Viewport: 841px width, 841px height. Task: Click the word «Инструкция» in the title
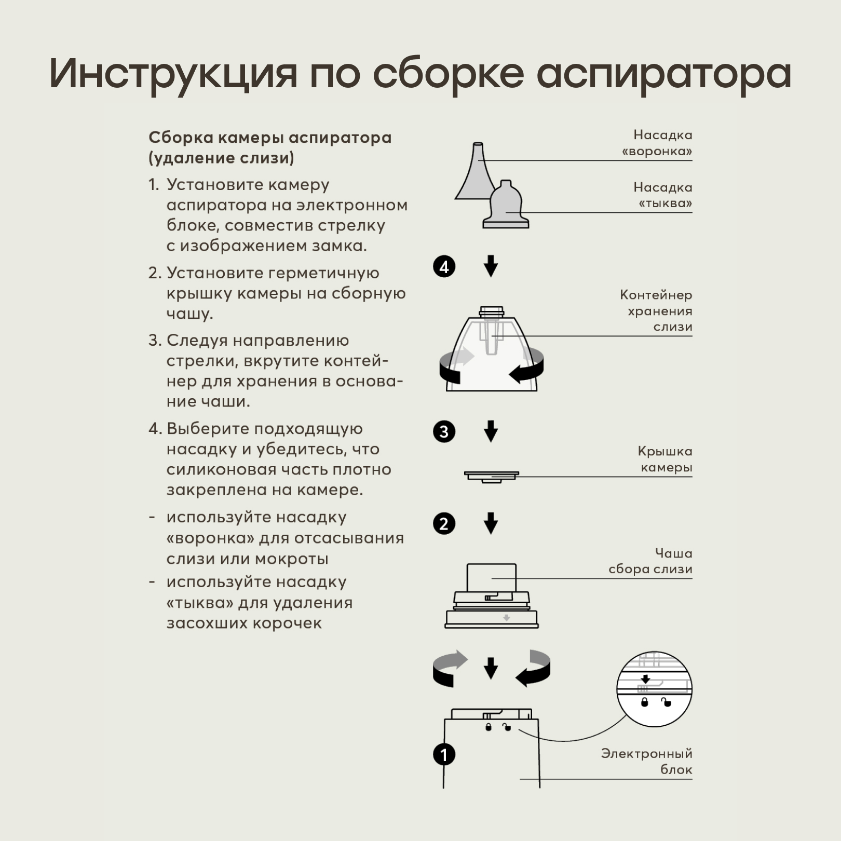[173, 73]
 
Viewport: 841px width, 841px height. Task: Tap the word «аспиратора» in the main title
[664, 73]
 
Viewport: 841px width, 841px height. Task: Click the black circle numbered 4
[444, 267]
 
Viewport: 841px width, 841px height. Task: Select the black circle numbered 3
[444, 431]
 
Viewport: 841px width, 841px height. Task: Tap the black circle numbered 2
[444, 523]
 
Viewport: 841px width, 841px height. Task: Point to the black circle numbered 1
[444, 754]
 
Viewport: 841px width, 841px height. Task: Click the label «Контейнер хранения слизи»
[657, 310]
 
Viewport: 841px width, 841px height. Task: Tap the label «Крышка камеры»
[665, 459]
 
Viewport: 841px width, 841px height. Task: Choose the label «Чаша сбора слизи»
[651, 561]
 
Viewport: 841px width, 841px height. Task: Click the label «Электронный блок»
[647, 761]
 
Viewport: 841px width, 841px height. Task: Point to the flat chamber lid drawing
[491, 476]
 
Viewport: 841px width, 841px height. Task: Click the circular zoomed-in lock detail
[654, 689]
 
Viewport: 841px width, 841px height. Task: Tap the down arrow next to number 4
[491, 266]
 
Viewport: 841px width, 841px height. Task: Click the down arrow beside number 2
[491, 523]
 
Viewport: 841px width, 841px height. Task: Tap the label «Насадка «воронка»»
[658, 143]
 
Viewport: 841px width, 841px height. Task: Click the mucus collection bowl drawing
[491, 597]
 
